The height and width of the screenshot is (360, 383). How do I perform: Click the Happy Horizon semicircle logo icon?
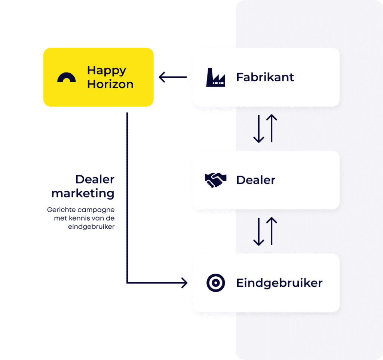(x=67, y=77)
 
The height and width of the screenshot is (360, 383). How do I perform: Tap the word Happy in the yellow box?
(x=107, y=70)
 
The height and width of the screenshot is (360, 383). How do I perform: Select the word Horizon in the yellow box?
(x=110, y=84)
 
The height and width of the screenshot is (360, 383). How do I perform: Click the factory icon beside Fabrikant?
(x=215, y=77)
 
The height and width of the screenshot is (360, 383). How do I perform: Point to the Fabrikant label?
(x=265, y=77)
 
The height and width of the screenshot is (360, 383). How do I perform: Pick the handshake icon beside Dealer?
(x=215, y=180)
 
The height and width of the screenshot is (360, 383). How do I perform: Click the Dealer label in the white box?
(x=255, y=180)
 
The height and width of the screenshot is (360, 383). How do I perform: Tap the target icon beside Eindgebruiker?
(x=215, y=283)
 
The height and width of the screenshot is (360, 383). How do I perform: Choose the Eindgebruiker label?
(x=279, y=283)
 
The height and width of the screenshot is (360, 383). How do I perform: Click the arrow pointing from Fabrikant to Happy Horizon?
(x=172, y=77)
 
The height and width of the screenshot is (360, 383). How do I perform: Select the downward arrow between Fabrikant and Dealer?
(x=258, y=129)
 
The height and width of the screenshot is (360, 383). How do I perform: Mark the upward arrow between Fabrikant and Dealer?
(x=272, y=128)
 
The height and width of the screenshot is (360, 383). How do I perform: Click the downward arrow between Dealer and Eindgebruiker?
(x=258, y=232)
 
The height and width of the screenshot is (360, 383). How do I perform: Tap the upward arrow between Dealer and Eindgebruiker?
(x=272, y=231)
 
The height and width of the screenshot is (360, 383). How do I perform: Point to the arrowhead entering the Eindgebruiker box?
(x=184, y=283)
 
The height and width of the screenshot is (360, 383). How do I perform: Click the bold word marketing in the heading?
(x=83, y=194)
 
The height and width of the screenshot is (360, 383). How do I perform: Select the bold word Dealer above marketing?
(x=95, y=179)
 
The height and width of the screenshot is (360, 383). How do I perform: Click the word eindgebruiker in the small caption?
(x=91, y=227)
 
